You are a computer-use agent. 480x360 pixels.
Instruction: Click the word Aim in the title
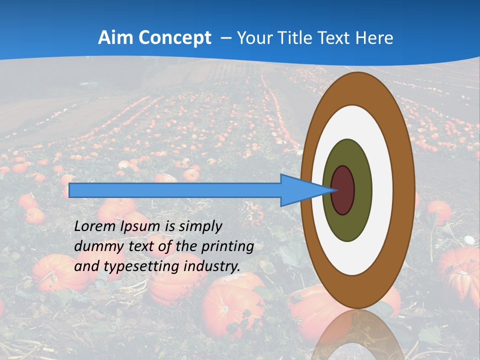tap(115, 38)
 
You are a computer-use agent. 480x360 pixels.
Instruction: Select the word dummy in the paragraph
tap(96, 246)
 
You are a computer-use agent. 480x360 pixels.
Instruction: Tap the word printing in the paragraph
tap(227, 246)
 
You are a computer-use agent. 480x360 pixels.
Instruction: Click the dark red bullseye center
tap(343, 190)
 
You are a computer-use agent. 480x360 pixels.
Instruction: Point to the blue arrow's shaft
tap(175, 190)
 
